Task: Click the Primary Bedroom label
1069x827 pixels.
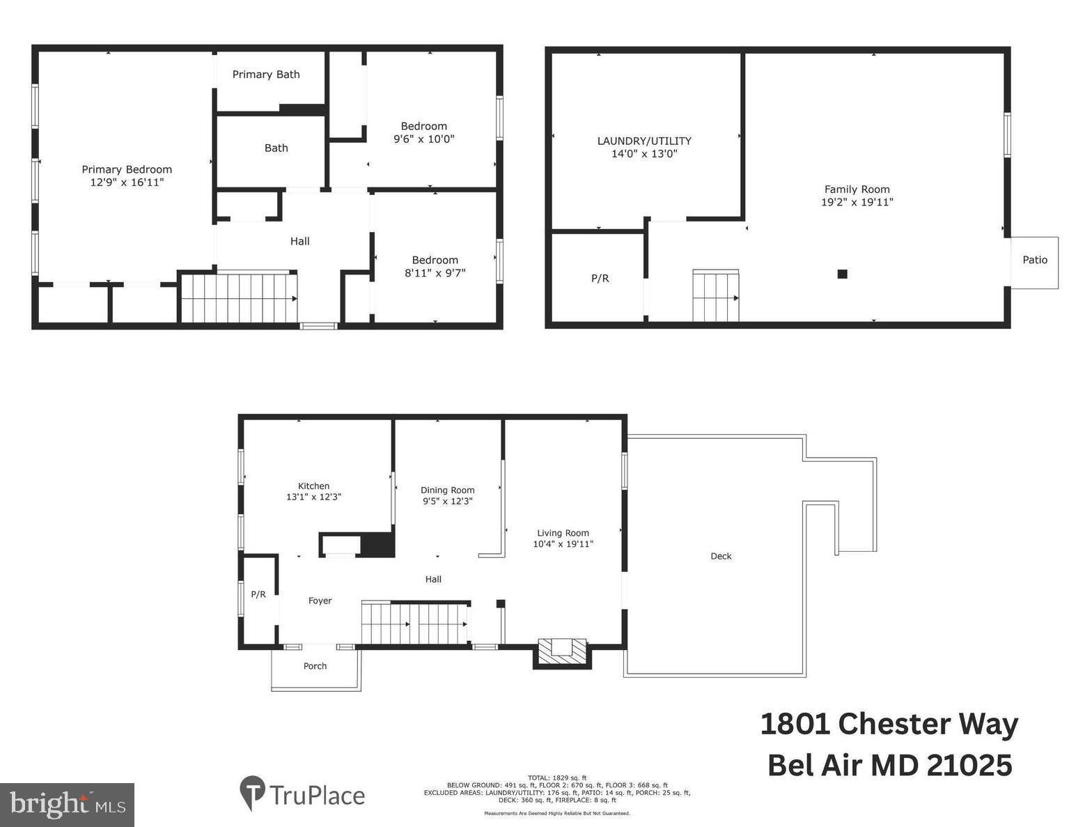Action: point(127,169)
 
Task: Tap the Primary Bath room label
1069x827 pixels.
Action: point(266,75)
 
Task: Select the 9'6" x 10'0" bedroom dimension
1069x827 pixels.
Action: point(423,139)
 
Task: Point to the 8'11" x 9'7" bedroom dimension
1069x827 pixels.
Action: point(435,273)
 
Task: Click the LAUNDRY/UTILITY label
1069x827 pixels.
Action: point(644,141)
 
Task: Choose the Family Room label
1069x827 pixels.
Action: point(857,189)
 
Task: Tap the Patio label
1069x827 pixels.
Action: point(1034,260)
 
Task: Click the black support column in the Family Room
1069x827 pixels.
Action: point(842,274)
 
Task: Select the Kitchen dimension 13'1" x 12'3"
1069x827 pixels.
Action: point(313,497)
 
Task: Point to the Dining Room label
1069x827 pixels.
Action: point(447,490)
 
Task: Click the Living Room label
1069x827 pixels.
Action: point(563,533)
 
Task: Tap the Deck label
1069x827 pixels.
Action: point(721,556)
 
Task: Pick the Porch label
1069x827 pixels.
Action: point(315,666)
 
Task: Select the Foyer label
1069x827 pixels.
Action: point(320,601)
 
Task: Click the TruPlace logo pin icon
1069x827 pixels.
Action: point(251,793)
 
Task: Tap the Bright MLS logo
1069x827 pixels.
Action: point(68,805)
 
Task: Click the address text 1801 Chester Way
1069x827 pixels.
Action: point(889,724)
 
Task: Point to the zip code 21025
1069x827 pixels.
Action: point(969,766)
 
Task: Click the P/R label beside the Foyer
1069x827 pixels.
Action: point(258,594)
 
